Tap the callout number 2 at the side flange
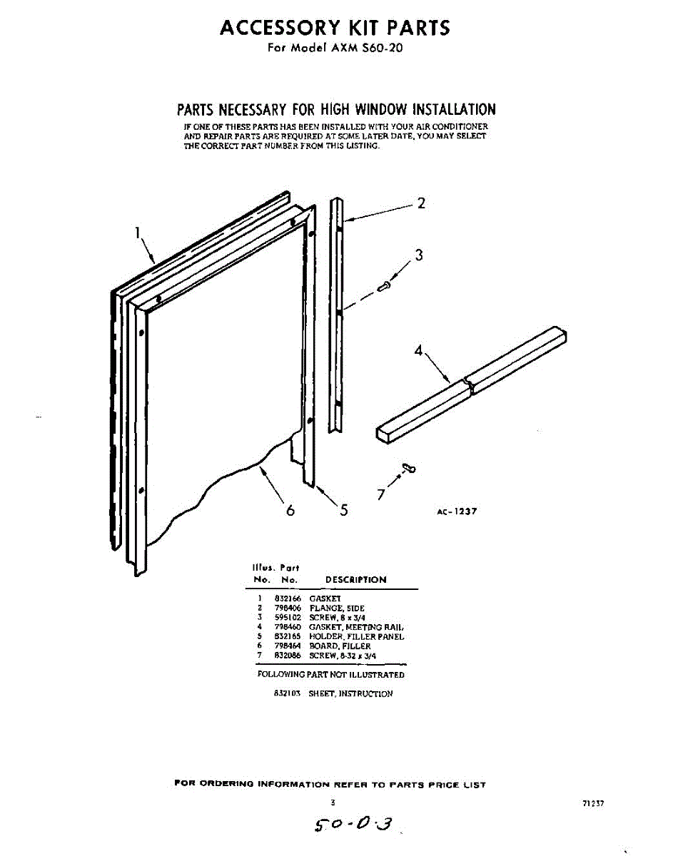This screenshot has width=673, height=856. coord(421,203)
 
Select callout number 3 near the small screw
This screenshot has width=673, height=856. coord(419,255)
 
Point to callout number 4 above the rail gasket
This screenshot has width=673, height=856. coord(419,351)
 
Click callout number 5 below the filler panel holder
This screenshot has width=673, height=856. coord(344,510)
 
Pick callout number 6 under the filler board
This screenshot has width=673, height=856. coord(290,511)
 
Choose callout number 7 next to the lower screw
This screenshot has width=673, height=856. coord(380,494)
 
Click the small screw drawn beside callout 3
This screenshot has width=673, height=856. coord(385,286)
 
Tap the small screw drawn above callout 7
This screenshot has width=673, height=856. coord(409,467)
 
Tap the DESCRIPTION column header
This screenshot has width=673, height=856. coord(355,580)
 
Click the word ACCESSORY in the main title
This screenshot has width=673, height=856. coord(278,28)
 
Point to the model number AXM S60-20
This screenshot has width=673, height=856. coord(362,49)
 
